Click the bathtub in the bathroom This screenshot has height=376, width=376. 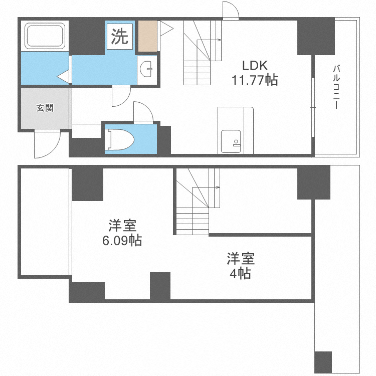point(45,36)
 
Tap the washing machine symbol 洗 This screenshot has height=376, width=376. point(119,37)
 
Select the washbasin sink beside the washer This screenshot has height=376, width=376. point(147,69)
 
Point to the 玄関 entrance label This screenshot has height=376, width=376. point(45,108)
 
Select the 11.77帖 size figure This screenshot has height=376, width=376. point(255,80)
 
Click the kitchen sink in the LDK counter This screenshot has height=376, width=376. point(231,141)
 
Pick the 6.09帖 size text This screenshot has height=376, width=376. point(122,241)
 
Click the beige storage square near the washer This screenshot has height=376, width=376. point(148,36)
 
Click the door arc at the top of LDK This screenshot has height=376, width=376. point(231,10)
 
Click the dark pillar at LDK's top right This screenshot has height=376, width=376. point(316,37)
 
